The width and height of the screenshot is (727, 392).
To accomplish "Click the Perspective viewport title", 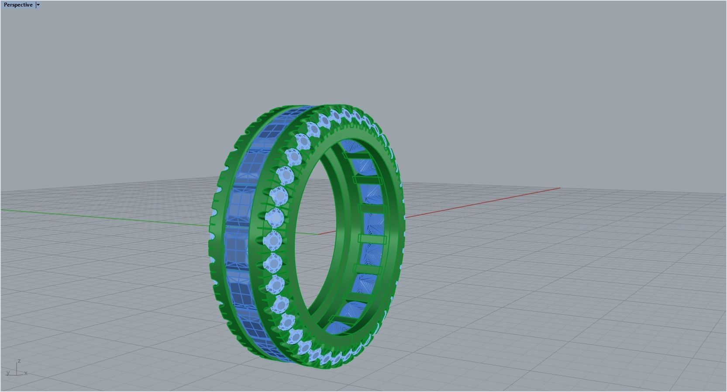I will coord(18,5).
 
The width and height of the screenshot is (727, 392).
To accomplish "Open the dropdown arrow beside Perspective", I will coord(38,5).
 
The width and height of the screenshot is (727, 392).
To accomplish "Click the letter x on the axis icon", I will coord(26,373).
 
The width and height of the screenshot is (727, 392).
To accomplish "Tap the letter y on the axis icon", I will coord(8,373).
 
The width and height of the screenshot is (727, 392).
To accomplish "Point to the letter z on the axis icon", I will coord(19,361).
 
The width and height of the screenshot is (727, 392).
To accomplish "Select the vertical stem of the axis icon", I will coord(17,368).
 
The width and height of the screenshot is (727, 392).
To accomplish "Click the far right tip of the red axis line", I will coord(559,188).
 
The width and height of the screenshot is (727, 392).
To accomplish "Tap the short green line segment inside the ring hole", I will coord(308,233).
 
